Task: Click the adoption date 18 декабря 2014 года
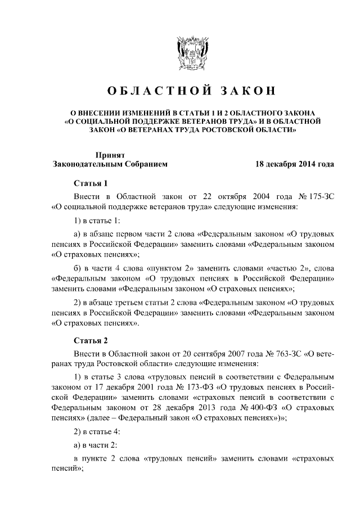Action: [295, 164]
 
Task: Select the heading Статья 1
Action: [91, 183]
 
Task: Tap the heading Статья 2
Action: [91, 340]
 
